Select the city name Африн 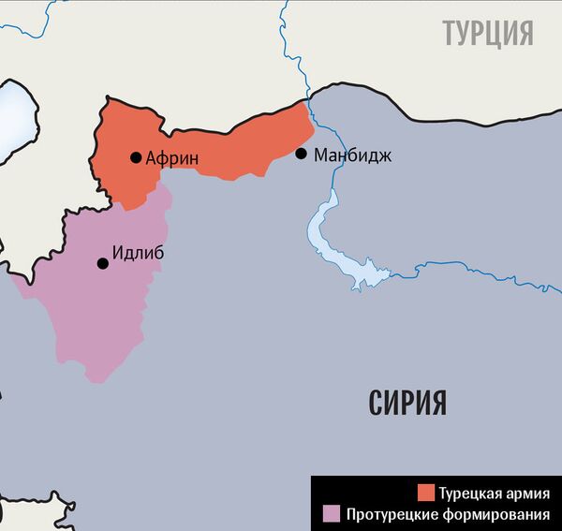[x=173, y=158]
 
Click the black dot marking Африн [x=136, y=157]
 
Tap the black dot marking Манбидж [x=301, y=154]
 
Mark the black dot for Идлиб [x=103, y=263]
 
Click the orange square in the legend [x=425, y=493]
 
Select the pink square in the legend [x=330, y=513]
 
